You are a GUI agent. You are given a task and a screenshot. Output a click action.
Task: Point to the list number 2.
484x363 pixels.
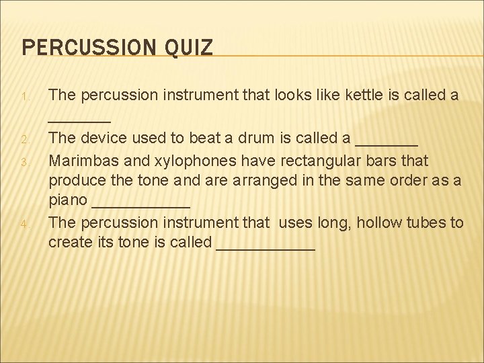pos(24,140)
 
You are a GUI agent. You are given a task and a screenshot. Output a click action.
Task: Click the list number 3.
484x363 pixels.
pos(24,162)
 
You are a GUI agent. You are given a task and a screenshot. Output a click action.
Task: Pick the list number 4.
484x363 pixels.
pos(24,224)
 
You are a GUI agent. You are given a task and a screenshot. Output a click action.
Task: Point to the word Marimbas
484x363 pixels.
pos(81,161)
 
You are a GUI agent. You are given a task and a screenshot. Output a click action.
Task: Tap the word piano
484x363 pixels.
pos(67,200)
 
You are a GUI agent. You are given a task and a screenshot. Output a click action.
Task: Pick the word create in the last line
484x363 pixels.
pos(69,242)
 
